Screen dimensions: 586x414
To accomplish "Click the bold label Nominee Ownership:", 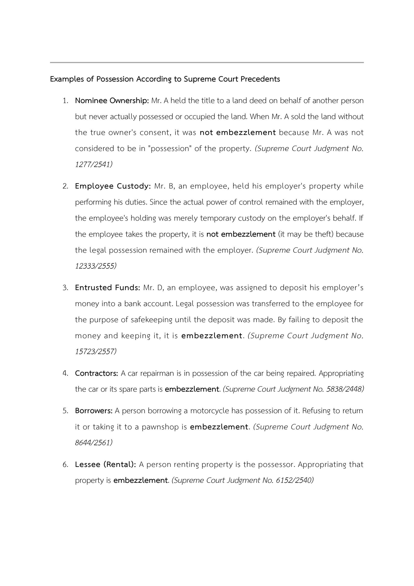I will pyautogui.click(x=112, y=101).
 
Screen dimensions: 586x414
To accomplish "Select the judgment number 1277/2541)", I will pyautogui.click(x=94, y=164).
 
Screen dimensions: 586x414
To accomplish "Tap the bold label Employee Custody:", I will pyautogui.click(x=113, y=186).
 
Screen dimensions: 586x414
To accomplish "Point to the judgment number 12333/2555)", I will pyautogui.click(x=96, y=266).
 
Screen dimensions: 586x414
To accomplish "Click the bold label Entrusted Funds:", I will pyautogui.click(x=108, y=288).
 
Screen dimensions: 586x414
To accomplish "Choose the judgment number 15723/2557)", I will pyautogui.click(x=96, y=351).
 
